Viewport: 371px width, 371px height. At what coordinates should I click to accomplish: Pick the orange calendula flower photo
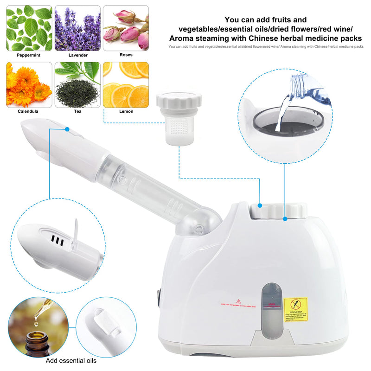tap(29, 84)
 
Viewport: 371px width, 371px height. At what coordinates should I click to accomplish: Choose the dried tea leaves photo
tap(77, 84)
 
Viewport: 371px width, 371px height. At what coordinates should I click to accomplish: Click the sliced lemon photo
tap(126, 84)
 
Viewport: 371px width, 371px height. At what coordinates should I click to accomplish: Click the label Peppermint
tap(29, 55)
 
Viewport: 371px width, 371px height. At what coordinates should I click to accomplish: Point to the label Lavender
tap(77, 55)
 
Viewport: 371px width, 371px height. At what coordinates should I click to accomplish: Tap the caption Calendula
tap(28, 111)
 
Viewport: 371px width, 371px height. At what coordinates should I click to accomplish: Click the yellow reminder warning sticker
tap(295, 309)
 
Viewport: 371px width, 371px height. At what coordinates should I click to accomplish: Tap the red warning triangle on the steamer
tap(239, 301)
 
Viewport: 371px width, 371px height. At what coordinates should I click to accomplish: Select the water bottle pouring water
tap(306, 93)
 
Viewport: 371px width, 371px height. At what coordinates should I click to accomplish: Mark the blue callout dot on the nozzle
tap(67, 129)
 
